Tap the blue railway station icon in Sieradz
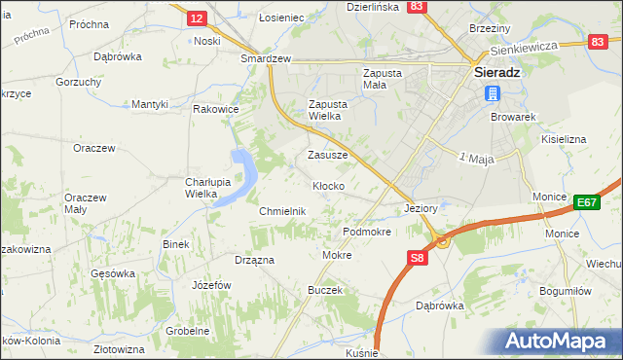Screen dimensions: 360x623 [493, 93]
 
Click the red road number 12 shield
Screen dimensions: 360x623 [198, 18]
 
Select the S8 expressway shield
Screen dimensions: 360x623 [417, 258]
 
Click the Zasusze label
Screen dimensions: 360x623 [328, 155]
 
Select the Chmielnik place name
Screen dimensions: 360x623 [282, 211]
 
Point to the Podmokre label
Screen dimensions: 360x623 [367, 233]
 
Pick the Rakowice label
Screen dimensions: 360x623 [216, 109]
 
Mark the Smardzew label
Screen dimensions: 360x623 [267, 58]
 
